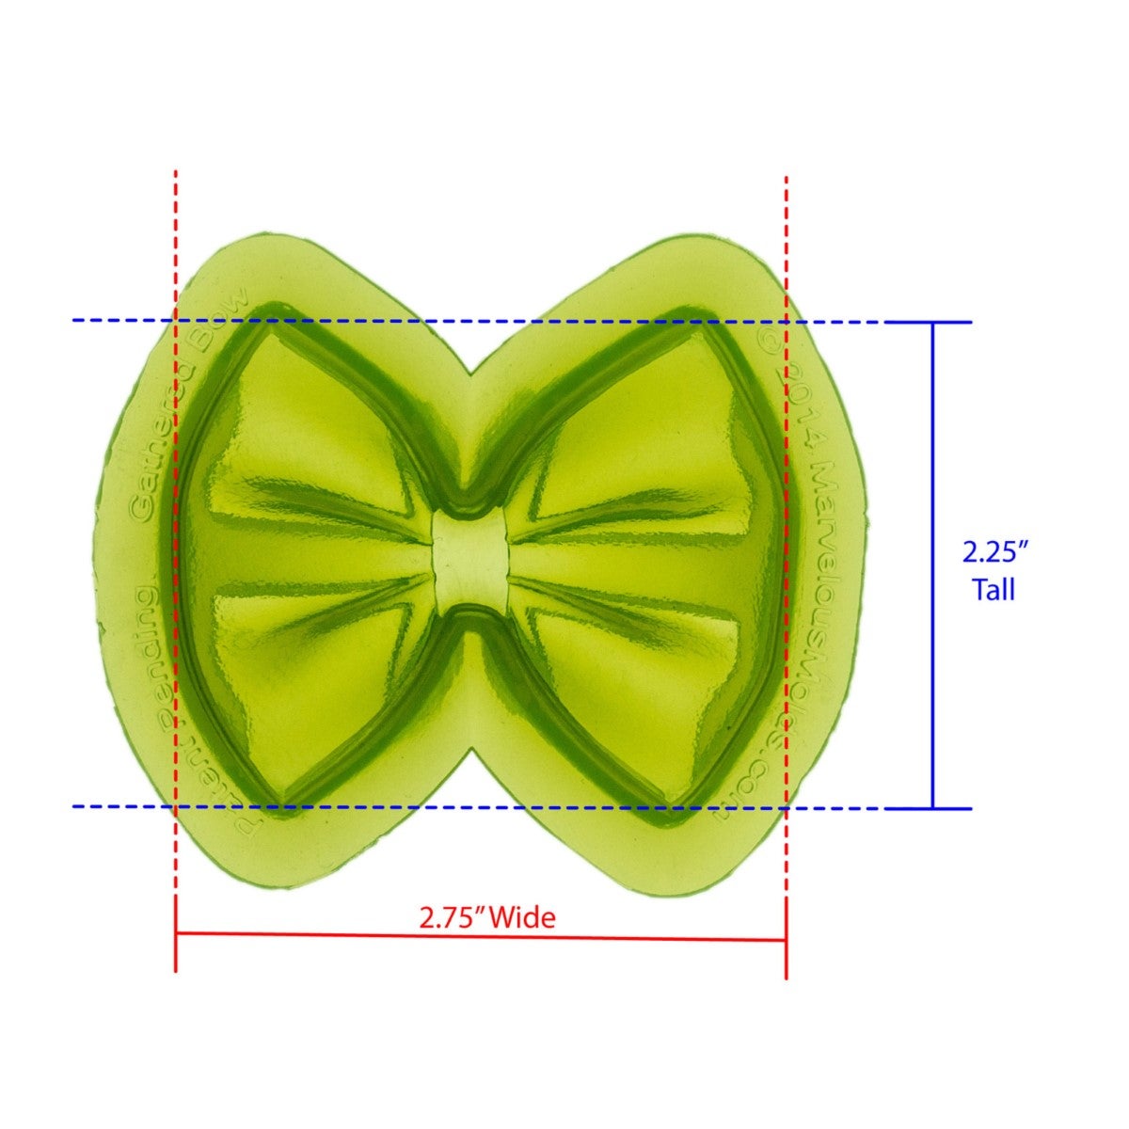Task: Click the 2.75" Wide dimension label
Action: coord(487,916)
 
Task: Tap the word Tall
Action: coord(994,590)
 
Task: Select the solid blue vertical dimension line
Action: coord(932,564)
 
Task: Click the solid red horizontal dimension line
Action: coord(480,936)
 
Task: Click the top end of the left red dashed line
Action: coord(176,173)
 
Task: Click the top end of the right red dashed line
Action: coord(786,177)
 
